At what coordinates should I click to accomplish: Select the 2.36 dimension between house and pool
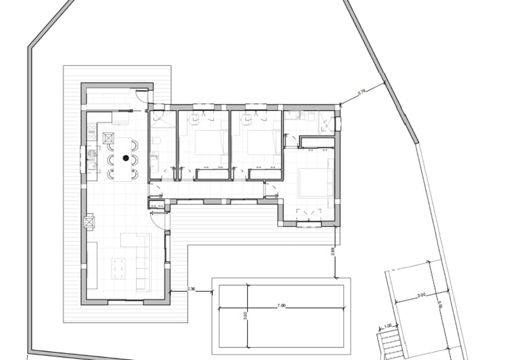191,289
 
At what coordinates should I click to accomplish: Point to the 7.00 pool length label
281,305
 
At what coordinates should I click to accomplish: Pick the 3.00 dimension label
421,295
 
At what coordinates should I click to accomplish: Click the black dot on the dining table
126,158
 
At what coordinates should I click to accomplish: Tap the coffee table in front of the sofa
119,268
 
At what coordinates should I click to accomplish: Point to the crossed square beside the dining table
108,138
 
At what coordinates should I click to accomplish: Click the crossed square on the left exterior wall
90,222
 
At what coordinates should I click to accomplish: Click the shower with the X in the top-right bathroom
326,125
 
